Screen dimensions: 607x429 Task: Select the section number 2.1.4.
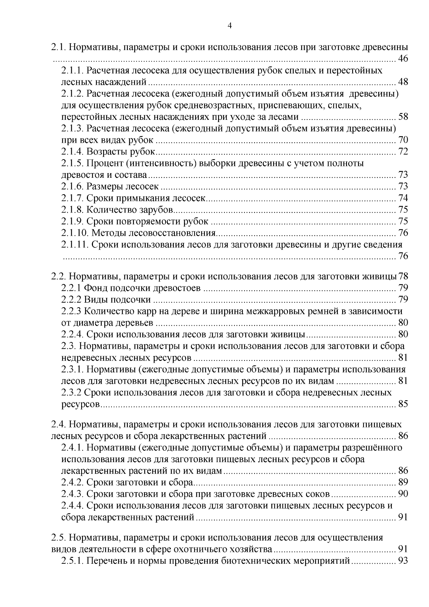[73, 152]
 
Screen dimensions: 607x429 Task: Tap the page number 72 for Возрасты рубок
[403, 152]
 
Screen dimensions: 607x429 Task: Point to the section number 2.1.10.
[75, 233]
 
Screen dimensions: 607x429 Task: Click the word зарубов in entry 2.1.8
[158, 210]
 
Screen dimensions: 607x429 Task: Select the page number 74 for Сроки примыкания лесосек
[403, 198]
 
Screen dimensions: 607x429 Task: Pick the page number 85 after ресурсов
[403, 405]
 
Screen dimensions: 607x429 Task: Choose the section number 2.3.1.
[73, 369]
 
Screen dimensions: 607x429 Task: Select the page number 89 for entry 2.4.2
[403, 483]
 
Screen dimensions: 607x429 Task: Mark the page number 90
[403, 494]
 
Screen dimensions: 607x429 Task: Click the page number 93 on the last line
[403, 561]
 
